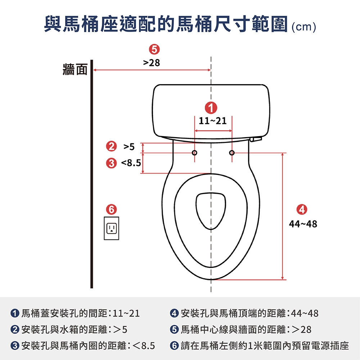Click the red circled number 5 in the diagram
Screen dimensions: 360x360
coord(154,49)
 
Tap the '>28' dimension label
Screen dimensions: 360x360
coord(151,63)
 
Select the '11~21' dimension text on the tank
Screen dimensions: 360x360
coord(213,121)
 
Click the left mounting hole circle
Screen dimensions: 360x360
coord(194,153)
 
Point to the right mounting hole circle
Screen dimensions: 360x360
coord(232,153)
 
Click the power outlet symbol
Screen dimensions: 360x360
coord(111,228)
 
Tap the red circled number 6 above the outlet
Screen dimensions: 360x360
coord(111,210)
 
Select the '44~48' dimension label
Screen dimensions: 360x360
coord(303,224)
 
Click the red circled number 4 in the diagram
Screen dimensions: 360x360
coord(302,210)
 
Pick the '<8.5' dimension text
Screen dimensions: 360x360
coord(131,163)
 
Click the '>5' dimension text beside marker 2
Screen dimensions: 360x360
coord(129,147)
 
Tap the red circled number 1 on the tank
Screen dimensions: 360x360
coord(211,108)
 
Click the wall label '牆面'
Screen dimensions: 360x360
coord(75,69)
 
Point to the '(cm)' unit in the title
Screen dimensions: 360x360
coord(304,27)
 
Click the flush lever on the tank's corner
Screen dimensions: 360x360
coord(256,139)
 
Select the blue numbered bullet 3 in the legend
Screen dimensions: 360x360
coord(15,346)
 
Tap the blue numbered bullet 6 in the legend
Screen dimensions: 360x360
coord(174,346)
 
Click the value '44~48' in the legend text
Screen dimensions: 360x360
coord(305,314)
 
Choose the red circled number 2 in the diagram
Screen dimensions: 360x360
coord(111,146)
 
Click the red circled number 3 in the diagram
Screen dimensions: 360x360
coord(111,163)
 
